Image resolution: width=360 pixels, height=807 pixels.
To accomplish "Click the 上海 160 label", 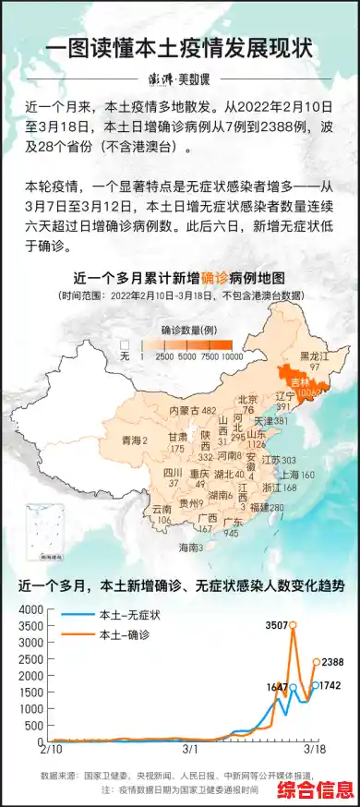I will (297, 474).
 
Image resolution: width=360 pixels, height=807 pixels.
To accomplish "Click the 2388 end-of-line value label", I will (332, 662).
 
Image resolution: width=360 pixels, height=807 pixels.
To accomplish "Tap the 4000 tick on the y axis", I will (30, 609).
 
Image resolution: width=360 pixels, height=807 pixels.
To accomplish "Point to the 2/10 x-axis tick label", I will (52, 751).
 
